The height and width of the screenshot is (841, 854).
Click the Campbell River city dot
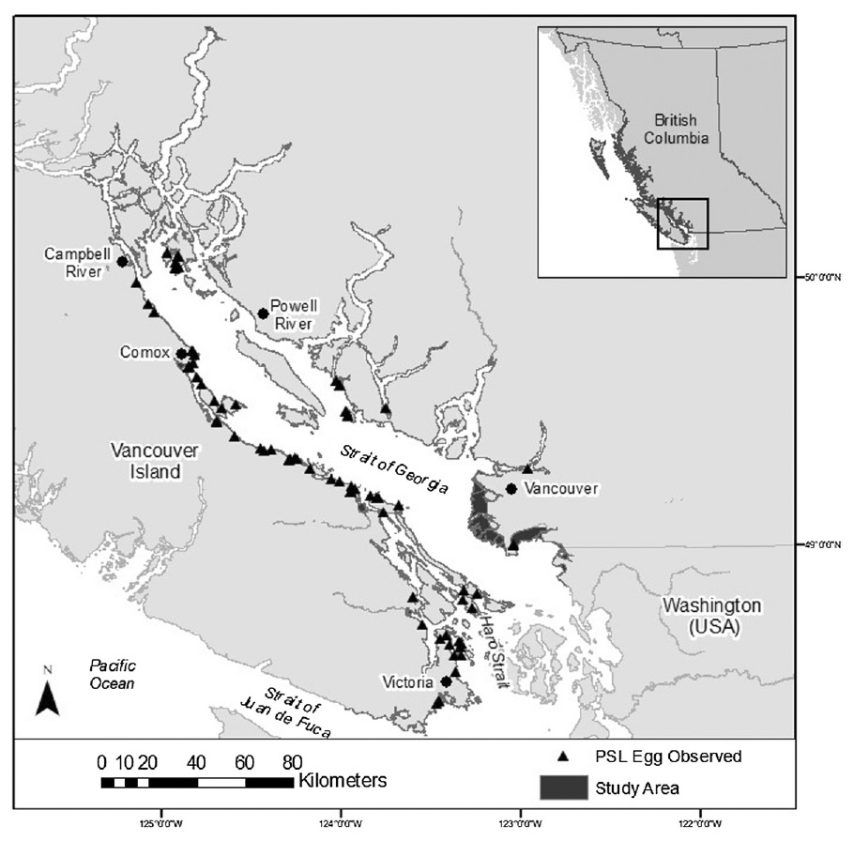122,262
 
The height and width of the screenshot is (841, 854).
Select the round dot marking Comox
181,354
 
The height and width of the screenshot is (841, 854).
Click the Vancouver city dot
511,488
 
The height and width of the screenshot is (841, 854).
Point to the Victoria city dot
446,681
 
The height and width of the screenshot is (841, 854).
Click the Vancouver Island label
155,461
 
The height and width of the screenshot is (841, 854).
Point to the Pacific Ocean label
112,674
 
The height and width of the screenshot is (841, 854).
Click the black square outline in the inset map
682,223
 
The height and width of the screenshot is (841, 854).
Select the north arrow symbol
48,696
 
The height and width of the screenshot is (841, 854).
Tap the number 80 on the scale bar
292,761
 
